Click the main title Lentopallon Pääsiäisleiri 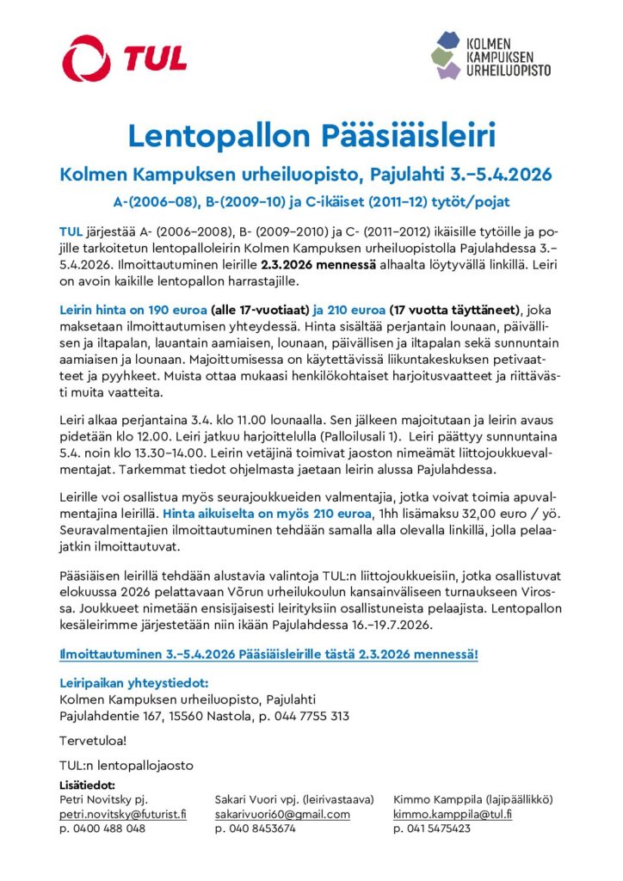pyautogui.click(x=311, y=136)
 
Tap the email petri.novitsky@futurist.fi pyautogui.click(x=123, y=814)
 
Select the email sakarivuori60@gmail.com pyautogui.click(x=282, y=814)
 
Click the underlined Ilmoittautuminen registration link pyautogui.click(x=268, y=655)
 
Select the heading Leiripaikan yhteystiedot pyautogui.click(x=128, y=682)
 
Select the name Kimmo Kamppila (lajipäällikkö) pyautogui.click(x=472, y=799)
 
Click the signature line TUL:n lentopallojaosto pyautogui.click(x=126, y=765)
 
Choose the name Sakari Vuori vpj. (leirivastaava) pyautogui.click(x=294, y=799)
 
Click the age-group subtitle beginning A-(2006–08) pyautogui.click(x=311, y=201)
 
